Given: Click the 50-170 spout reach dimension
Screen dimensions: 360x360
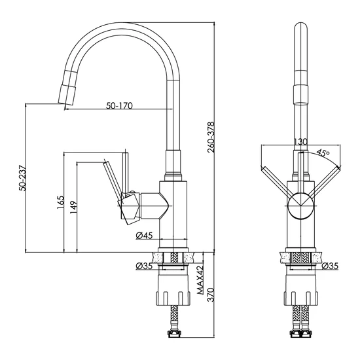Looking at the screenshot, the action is (119, 105).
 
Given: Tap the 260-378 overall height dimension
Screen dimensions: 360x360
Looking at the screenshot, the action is (211, 137).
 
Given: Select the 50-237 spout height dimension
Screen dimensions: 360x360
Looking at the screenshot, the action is (23, 178).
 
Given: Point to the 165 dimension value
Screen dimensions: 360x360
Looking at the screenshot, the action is (60, 202).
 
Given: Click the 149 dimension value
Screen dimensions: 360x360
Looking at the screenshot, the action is (73, 207).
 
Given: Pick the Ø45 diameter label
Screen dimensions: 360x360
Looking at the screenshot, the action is (144, 236).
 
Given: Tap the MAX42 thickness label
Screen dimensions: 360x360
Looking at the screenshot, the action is (200, 281).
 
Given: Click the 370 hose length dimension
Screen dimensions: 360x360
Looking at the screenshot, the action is (211, 295).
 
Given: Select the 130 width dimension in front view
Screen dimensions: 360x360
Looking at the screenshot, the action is (300, 142).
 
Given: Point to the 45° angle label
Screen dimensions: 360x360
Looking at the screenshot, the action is (323, 153).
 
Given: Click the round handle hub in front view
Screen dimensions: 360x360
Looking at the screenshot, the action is (301, 206).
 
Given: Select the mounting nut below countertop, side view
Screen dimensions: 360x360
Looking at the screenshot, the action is (173, 290).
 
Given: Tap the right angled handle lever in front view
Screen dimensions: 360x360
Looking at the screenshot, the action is (324, 183).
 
